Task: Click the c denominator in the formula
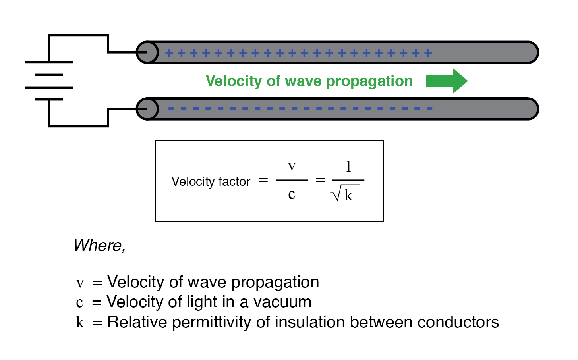click(x=292, y=194)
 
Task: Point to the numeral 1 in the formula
click(x=348, y=167)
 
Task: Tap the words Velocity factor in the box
click(x=211, y=181)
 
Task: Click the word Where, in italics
click(x=99, y=245)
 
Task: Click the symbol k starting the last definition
click(x=80, y=322)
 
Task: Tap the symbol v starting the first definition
click(x=80, y=283)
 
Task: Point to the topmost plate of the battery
click(x=48, y=62)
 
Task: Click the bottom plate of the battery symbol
click(x=48, y=99)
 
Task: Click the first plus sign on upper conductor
click(x=169, y=53)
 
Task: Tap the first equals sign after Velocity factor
click(x=263, y=181)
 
